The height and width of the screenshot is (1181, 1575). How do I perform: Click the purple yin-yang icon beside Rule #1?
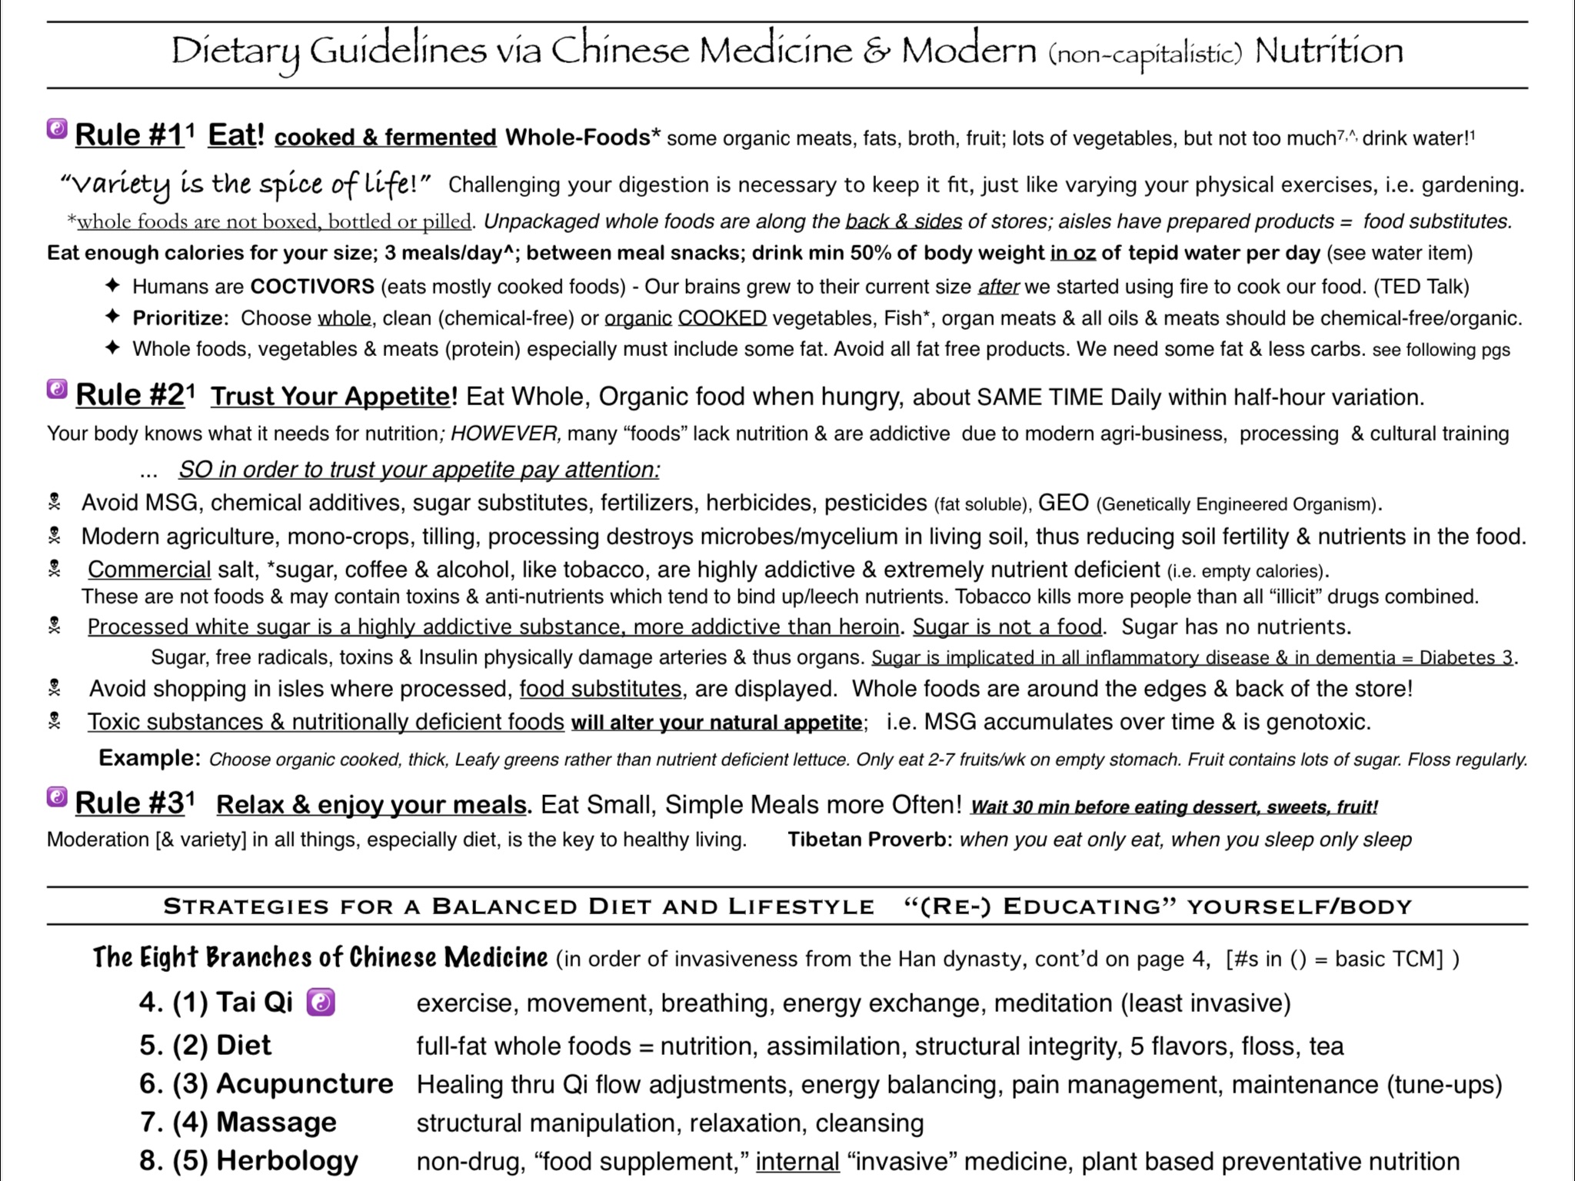tap(57, 129)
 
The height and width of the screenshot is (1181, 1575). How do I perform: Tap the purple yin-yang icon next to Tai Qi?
tap(321, 1003)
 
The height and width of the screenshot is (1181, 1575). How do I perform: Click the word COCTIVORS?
tap(312, 287)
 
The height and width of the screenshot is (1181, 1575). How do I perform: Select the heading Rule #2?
tap(131, 395)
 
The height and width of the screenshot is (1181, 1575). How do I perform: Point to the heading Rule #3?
tap(131, 803)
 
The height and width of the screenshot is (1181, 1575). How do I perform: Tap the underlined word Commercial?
tap(149, 570)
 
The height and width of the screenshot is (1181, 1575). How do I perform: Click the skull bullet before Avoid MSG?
tap(55, 503)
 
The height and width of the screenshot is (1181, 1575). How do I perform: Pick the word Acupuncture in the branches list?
tap(305, 1084)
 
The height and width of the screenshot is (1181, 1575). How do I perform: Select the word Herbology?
tap(287, 1161)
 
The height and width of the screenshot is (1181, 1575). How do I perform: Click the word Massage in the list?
tap(276, 1123)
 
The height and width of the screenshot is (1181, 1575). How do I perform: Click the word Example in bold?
tap(149, 759)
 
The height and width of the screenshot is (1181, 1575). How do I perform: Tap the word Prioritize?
tap(180, 318)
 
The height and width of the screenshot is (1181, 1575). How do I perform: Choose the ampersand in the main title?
tap(876, 51)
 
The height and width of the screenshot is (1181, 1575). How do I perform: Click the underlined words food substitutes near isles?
tap(600, 689)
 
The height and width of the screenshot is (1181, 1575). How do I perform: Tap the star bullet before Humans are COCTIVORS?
tap(112, 286)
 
